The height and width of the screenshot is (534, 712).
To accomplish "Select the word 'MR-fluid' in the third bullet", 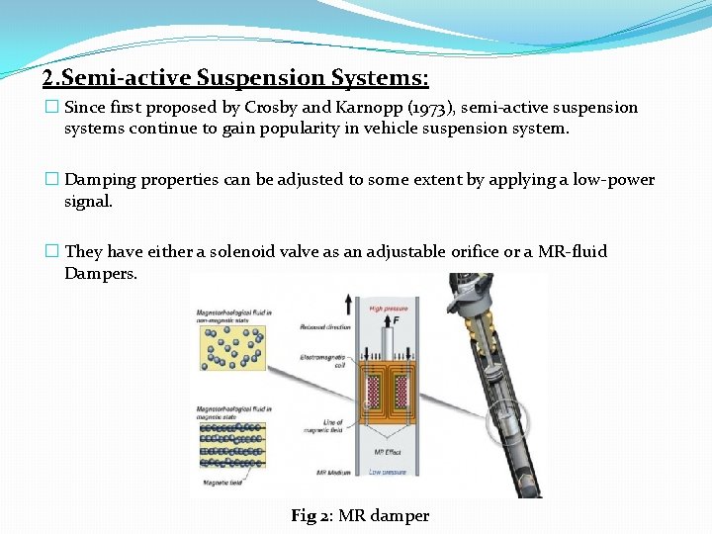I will [x=575, y=252].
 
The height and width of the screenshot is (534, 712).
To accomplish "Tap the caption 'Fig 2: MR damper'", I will [x=360, y=515].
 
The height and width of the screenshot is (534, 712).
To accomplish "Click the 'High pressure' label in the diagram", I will [x=389, y=308].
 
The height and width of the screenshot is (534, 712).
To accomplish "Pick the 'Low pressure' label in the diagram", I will [x=388, y=472].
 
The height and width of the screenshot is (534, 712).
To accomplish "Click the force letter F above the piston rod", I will [x=396, y=322].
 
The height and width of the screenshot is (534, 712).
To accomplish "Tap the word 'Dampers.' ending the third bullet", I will [x=101, y=273].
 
